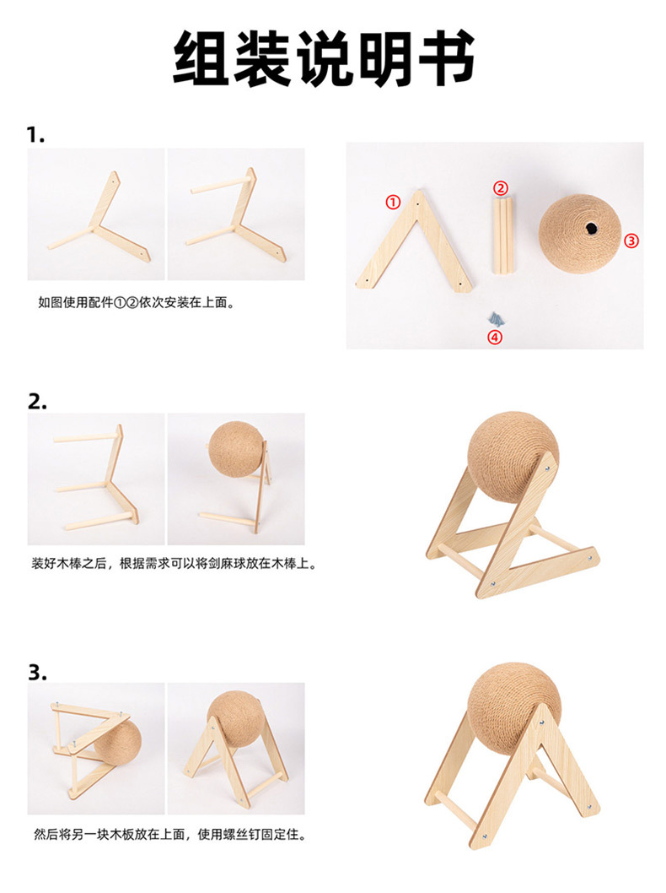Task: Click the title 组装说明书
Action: pyautogui.click(x=324, y=58)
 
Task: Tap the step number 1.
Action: pyautogui.click(x=35, y=135)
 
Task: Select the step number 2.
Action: pyautogui.click(x=37, y=402)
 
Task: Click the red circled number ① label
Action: pyautogui.click(x=393, y=202)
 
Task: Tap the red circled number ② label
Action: pyautogui.click(x=500, y=188)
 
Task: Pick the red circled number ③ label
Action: pyautogui.click(x=631, y=241)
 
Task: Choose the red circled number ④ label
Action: pyautogui.click(x=495, y=337)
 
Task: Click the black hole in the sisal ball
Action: pyautogui.click(x=591, y=228)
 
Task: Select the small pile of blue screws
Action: pyautogui.click(x=496, y=319)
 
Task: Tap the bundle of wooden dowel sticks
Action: pyautogui.click(x=502, y=235)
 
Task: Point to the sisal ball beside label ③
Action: pyautogui.click(x=580, y=234)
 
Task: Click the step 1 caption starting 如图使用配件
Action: pyautogui.click(x=137, y=302)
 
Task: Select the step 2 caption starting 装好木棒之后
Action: pyautogui.click(x=175, y=564)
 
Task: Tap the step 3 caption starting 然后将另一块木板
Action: pyautogui.click(x=170, y=835)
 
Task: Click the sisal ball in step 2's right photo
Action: pyautogui.click(x=235, y=448)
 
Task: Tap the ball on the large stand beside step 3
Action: pyautogui.click(x=514, y=709)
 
